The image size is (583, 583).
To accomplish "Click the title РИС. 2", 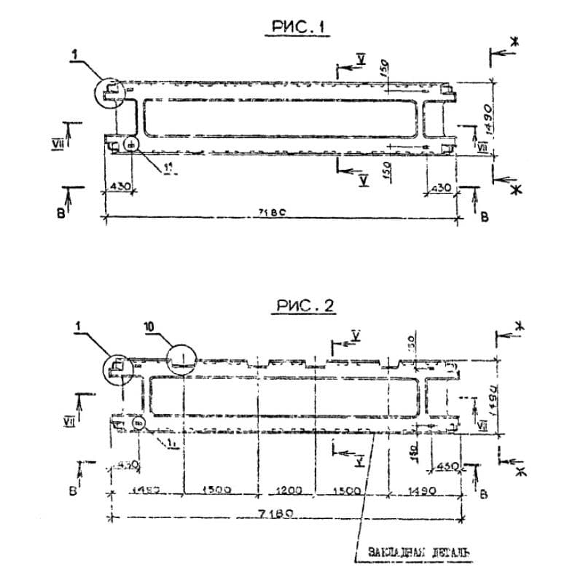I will point(305,306).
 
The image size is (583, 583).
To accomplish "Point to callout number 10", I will point(149,329).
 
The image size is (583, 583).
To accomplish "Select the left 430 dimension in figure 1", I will point(118,187).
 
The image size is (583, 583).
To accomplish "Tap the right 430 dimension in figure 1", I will point(439,187).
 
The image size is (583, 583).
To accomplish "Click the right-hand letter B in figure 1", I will point(484,216).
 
